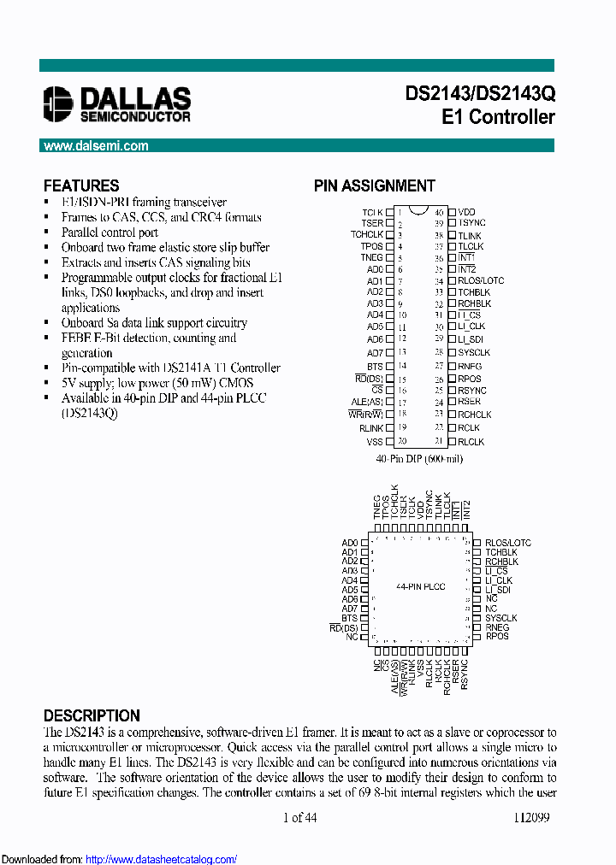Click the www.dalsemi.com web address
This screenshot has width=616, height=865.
tap(96, 146)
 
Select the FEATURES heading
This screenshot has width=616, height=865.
tap(81, 185)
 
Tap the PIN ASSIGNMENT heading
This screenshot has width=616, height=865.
tap(374, 185)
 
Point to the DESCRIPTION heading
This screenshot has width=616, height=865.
tap(92, 715)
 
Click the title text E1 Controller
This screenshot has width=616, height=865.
tap(498, 117)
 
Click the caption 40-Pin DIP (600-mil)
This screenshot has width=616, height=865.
tap(419, 459)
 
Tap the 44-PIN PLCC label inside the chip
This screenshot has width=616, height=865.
tap(420, 587)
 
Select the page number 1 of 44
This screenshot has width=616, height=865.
tap(299, 817)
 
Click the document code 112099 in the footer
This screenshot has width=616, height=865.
tap(531, 817)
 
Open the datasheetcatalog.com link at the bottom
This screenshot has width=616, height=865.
tap(162, 859)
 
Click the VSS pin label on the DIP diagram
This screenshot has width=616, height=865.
tap(375, 442)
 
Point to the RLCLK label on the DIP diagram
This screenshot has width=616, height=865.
tap(471, 442)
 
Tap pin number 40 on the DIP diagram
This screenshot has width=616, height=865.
tap(439, 212)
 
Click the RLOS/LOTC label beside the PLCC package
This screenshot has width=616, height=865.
tap(508, 543)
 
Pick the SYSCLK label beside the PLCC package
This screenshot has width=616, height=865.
tap(500, 617)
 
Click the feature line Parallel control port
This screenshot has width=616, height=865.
tap(110, 232)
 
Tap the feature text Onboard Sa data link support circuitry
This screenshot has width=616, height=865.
tap(154, 323)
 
